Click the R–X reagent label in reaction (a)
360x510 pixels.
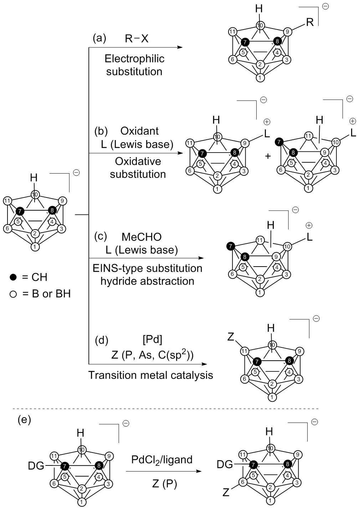tap(137, 38)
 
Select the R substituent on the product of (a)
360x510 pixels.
tap(310, 23)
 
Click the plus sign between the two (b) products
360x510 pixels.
tap(268, 156)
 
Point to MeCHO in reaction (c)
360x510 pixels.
tap(141, 237)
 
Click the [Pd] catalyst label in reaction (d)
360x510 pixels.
tap(152, 340)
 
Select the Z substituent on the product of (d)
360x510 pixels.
tap(231, 337)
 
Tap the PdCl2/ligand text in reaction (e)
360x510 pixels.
tap(162, 459)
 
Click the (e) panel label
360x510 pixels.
tap(24, 420)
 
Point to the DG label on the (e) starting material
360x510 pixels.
tap(36, 465)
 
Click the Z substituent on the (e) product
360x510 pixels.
tap(226, 493)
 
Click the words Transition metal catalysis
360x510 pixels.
tap(150, 375)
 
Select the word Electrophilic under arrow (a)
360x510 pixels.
tap(134, 58)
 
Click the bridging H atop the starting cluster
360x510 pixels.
tap(34, 177)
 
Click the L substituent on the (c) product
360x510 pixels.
tap(309, 237)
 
